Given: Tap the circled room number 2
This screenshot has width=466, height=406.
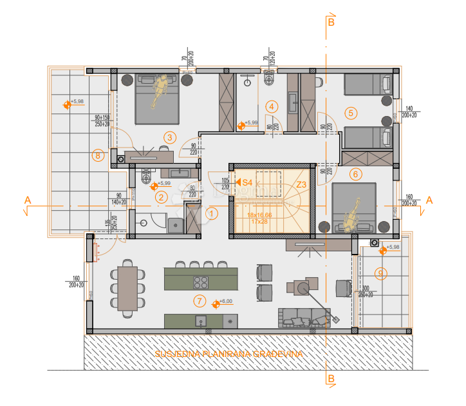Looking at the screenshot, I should [162, 198].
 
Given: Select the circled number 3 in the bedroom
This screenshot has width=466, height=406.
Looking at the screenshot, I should [169, 137].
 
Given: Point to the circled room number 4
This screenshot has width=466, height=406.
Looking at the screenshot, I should [273, 106].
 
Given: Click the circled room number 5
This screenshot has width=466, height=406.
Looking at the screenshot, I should [351, 113].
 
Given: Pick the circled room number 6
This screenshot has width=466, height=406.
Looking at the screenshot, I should [356, 173].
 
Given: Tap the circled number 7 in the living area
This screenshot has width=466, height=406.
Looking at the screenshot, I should [200, 301].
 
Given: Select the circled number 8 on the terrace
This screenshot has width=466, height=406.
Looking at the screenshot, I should [98, 155].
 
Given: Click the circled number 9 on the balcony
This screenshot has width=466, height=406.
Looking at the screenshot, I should [381, 274].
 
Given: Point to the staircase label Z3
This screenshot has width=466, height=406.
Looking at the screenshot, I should [301, 184].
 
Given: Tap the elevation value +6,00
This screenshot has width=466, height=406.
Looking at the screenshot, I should [225, 301].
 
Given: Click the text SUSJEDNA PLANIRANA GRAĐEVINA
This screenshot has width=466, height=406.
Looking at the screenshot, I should [228, 354].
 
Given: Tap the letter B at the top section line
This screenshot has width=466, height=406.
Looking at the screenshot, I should [331, 22].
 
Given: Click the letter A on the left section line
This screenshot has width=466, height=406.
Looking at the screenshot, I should [27, 200].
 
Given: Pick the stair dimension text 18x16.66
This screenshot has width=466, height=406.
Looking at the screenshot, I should [259, 215].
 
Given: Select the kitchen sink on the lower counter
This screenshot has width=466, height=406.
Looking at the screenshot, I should [201, 320].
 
